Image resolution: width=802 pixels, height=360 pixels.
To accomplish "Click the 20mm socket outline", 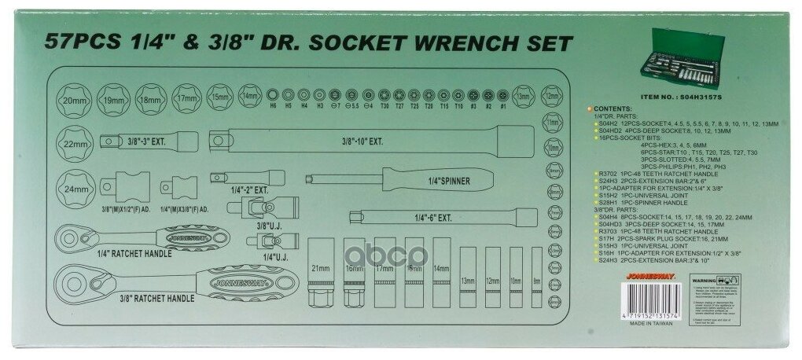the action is [74, 101].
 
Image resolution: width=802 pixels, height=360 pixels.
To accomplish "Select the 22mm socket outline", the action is [74, 144].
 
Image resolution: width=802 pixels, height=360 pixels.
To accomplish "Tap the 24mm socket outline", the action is [74, 189].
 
